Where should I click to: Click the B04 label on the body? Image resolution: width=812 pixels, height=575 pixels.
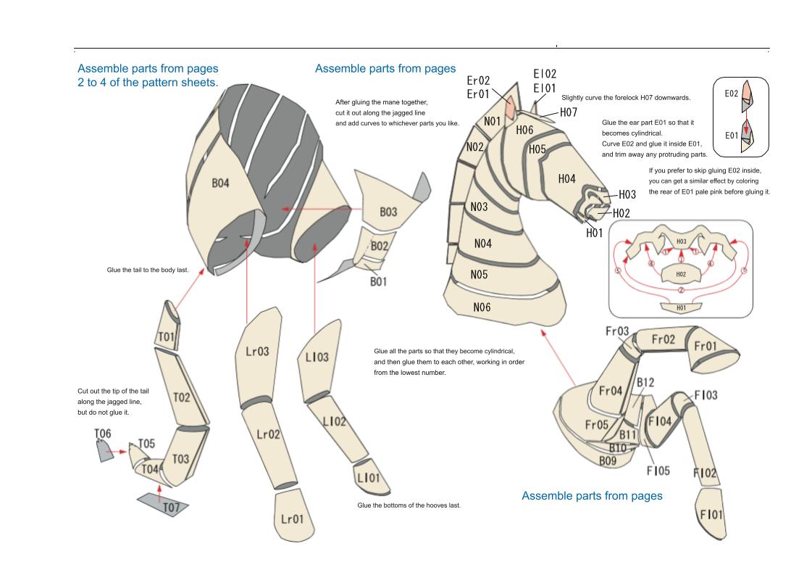(220, 183)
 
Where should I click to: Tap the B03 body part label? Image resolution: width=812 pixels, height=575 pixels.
(388, 212)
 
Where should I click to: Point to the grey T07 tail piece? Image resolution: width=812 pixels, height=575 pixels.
(164, 504)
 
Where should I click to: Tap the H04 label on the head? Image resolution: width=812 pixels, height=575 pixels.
(567, 178)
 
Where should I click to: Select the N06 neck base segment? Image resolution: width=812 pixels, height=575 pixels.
(482, 307)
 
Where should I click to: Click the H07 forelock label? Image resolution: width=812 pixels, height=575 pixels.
(569, 112)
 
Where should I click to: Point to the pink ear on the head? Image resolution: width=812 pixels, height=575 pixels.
(511, 107)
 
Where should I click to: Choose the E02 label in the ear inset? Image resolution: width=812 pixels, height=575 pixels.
(732, 93)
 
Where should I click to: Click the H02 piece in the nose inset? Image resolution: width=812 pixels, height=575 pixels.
(680, 274)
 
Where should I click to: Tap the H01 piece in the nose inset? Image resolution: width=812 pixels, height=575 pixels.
(680, 307)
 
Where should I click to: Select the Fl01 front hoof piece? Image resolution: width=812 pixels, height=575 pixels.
(711, 514)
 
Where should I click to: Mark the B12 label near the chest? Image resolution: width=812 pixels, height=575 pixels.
(645, 382)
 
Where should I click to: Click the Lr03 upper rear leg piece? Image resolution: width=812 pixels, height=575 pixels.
(257, 352)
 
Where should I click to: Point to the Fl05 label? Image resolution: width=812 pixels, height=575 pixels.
(658, 471)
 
